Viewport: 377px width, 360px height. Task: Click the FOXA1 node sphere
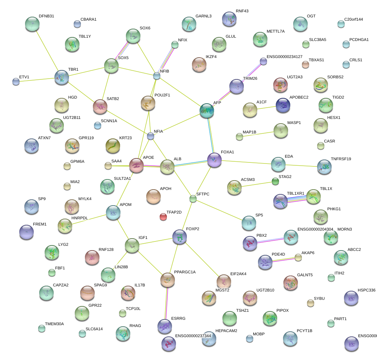click(214, 160)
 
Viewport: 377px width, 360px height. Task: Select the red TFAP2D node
click(163, 217)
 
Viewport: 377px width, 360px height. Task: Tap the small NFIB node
click(156, 76)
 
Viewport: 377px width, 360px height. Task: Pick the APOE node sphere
click(136, 165)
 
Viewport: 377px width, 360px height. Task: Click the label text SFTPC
click(203, 194)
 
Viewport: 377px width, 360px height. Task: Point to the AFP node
click(207, 110)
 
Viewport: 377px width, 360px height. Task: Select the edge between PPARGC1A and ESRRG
click(167, 303)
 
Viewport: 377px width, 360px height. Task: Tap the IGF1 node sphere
click(132, 245)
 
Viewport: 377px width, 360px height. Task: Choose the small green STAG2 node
click(275, 182)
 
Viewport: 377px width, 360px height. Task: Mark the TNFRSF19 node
click(324, 166)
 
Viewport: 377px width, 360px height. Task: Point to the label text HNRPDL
click(80, 218)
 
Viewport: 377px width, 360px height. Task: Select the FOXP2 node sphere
click(179, 236)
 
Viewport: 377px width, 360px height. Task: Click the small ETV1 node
click(16, 82)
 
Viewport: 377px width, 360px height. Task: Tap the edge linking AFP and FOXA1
click(210, 135)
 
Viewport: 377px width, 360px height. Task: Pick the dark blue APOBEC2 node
click(283, 105)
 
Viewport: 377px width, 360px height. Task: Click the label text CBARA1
click(89, 19)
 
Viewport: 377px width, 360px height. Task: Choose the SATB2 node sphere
click(100, 106)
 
